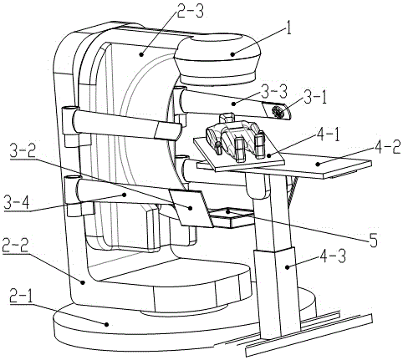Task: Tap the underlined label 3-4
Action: coord(17,202)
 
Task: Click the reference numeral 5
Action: coord(373,239)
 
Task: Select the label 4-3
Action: coord(333,256)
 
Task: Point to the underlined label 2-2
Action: coord(15,245)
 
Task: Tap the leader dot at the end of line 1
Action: coord(233,55)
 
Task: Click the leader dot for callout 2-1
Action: coord(106,324)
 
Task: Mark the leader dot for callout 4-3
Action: coord(287,266)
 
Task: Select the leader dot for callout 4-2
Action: coord(318,165)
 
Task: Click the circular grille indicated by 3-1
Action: coord(277,112)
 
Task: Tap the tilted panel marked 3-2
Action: coord(191,208)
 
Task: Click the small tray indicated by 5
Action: coord(232,218)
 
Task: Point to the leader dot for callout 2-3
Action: coord(141,55)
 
